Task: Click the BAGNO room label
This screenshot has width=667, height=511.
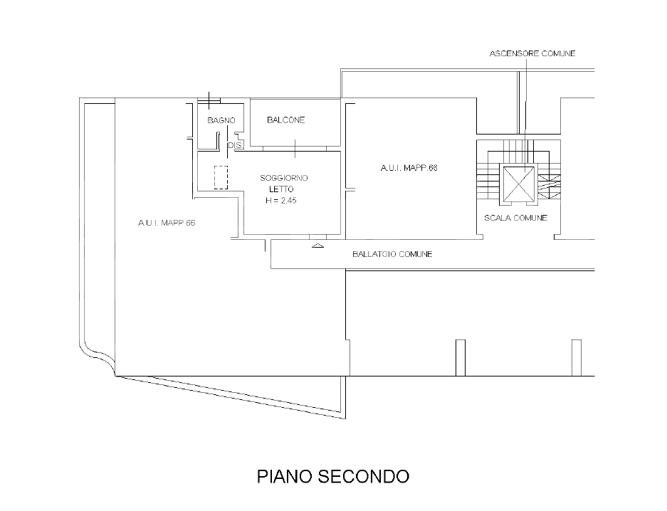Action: [x=221, y=120]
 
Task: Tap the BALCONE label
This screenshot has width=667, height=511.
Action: [x=285, y=120]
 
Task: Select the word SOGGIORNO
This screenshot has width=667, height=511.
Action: [x=283, y=177]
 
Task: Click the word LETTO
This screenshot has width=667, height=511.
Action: [x=281, y=189]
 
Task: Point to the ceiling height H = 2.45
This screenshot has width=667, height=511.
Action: [x=281, y=201]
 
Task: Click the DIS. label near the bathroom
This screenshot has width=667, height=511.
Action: [x=236, y=145]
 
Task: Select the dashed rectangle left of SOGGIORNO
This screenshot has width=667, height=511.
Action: [x=221, y=178]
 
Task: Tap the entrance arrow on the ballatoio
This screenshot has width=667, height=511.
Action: [x=317, y=246]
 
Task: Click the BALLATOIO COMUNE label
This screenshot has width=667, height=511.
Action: [x=392, y=254]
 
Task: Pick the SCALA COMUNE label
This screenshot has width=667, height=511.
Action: [x=515, y=218]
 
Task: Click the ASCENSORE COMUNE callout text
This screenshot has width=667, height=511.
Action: [x=532, y=53]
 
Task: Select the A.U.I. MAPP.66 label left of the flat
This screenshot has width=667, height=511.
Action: [x=167, y=223]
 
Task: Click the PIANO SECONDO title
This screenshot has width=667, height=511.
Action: [x=332, y=476]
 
